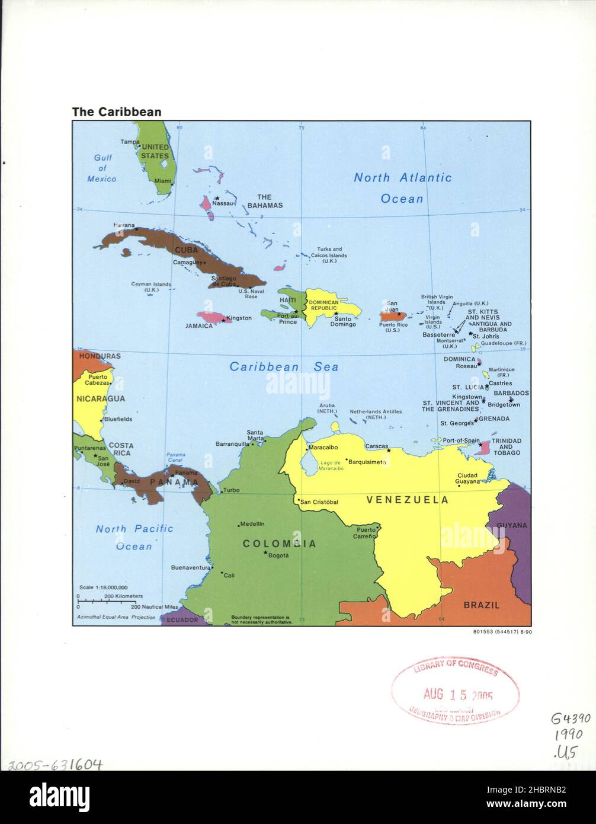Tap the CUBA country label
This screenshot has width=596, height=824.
click(x=185, y=250)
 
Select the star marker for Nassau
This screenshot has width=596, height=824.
click(x=217, y=198)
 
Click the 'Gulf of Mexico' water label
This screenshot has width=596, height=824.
click(x=102, y=168)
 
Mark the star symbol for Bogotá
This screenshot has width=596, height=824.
click(x=265, y=552)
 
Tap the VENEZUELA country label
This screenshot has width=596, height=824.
click(x=407, y=500)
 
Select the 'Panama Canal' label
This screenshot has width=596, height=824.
click(x=175, y=456)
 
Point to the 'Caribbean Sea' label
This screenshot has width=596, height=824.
click(x=284, y=367)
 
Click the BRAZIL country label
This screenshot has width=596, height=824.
click(x=481, y=605)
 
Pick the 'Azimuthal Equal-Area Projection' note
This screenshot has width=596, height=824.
click(x=116, y=617)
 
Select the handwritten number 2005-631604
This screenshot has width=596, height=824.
click(x=52, y=765)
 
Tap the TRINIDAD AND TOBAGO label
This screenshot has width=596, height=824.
click(x=507, y=446)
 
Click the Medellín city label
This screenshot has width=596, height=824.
click(x=252, y=523)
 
